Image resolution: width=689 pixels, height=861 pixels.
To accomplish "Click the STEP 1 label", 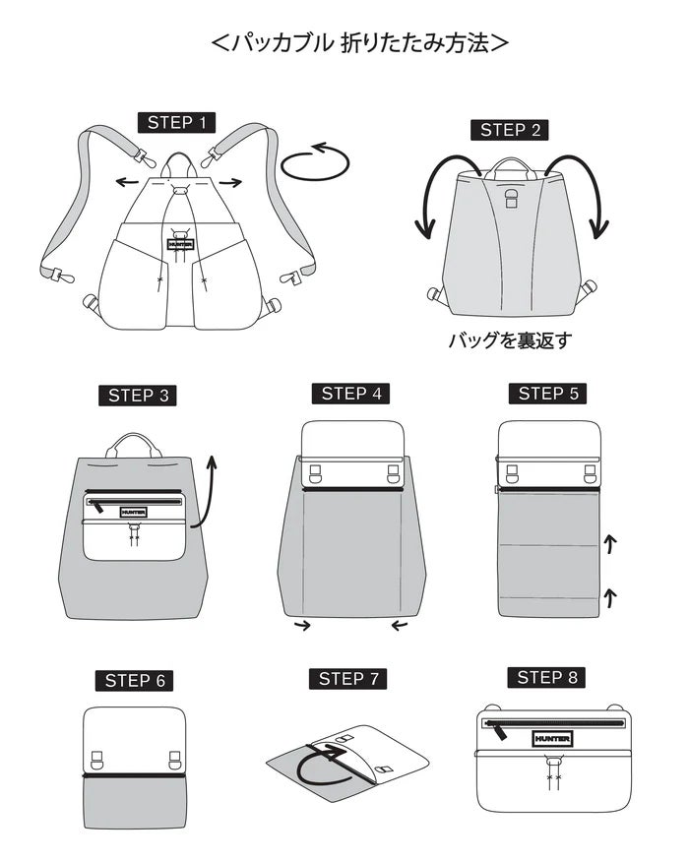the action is tap(176, 122).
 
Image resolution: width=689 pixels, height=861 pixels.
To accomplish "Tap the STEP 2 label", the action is tap(510, 130).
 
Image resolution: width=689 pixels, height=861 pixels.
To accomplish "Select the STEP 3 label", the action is tap(138, 396).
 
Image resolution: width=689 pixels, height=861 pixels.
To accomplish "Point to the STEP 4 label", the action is tap(350, 394).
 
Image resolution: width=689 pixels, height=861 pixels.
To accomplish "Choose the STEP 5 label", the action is tap(548, 394).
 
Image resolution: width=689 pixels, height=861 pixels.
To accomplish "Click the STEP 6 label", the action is tap(135, 681).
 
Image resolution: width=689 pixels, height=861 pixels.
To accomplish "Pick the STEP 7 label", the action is tap(347, 679).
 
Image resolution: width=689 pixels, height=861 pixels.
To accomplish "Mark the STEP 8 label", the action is tap(546, 678).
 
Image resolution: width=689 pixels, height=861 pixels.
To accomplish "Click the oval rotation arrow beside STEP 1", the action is tap(315, 162).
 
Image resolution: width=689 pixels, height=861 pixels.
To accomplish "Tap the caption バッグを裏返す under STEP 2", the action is tap(511, 340).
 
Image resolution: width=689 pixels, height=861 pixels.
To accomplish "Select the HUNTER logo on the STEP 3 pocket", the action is tap(134, 513).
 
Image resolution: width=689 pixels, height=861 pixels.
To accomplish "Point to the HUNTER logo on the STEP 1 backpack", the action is tap(181, 244).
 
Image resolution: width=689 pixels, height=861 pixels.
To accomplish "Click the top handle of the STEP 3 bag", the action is tap(134, 446).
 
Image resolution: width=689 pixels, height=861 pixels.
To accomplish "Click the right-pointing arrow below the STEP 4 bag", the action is tap(302, 625).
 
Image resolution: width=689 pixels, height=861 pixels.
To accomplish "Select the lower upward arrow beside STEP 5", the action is tap(610, 597).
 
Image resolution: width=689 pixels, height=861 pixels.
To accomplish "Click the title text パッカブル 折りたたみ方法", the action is tap(360, 43).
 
